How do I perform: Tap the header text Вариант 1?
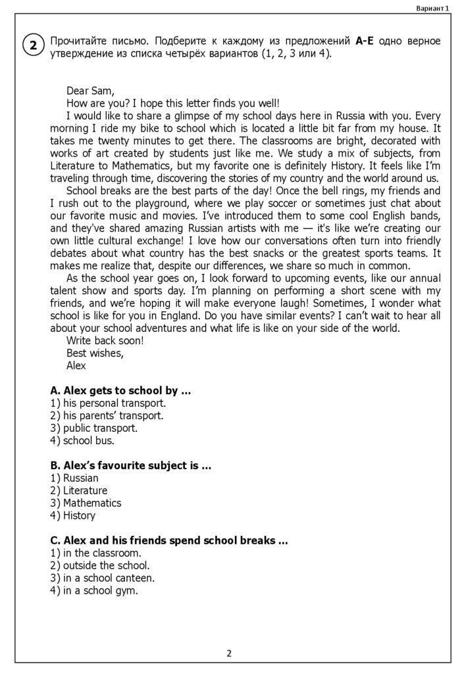(x=432, y=8)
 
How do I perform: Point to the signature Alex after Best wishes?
(x=76, y=365)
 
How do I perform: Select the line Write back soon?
(x=105, y=340)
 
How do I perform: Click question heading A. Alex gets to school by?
(x=120, y=391)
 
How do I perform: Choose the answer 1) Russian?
(x=74, y=478)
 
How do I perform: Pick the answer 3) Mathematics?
(x=86, y=503)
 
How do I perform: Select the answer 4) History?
(x=72, y=515)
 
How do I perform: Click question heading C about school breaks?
(x=169, y=540)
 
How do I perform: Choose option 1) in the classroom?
(x=95, y=553)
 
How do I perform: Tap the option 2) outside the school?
(x=99, y=565)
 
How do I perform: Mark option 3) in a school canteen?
(x=102, y=578)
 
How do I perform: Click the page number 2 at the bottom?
(x=228, y=654)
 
